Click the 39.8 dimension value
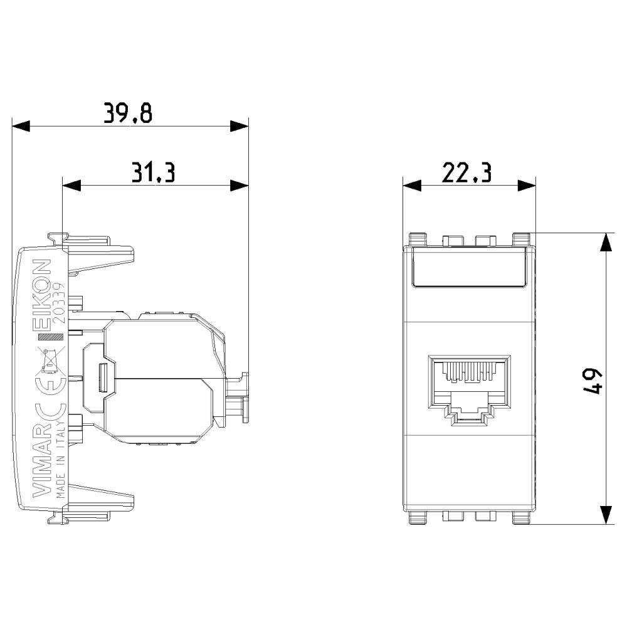coord(128,113)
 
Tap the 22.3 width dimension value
coord(466,172)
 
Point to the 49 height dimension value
coord(591,380)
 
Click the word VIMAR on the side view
coord(41,458)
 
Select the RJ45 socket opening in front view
coord(468,387)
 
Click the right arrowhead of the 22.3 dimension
coord(527,185)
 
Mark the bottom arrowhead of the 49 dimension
coord(606,515)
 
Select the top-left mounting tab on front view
coord(417,239)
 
